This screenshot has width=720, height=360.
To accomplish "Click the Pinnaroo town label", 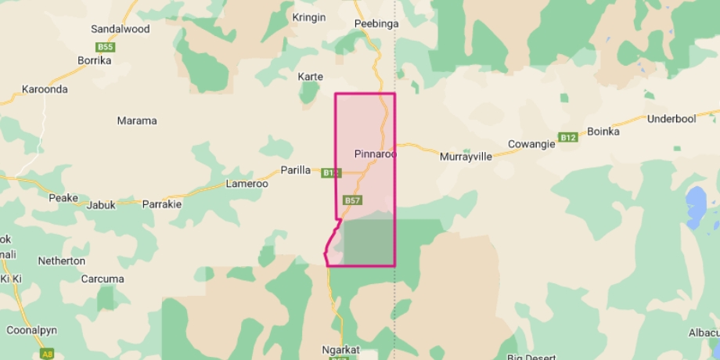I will (375, 154).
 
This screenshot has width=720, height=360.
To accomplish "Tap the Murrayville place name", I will (466, 157).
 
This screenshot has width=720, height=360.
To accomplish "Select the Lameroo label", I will (247, 184).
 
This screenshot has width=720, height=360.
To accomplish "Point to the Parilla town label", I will (296, 171).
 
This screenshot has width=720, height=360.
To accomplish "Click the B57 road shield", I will (352, 200).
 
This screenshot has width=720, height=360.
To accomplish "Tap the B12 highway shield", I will (568, 138).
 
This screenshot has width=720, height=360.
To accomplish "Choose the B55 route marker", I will (106, 47).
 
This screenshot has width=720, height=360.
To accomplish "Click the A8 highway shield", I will (48, 355).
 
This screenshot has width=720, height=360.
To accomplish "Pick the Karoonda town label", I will (44, 89).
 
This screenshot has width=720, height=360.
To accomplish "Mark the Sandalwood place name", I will (120, 29).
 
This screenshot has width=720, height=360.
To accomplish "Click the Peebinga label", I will (376, 23).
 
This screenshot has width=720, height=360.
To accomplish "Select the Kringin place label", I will (308, 18).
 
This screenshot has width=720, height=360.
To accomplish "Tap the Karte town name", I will (311, 77).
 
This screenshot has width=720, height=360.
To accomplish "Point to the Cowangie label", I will (531, 144).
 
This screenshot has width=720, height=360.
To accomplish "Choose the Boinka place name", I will (603, 131).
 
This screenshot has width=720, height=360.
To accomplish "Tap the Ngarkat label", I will (340, 349).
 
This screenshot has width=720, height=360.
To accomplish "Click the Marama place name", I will (136, 121).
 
